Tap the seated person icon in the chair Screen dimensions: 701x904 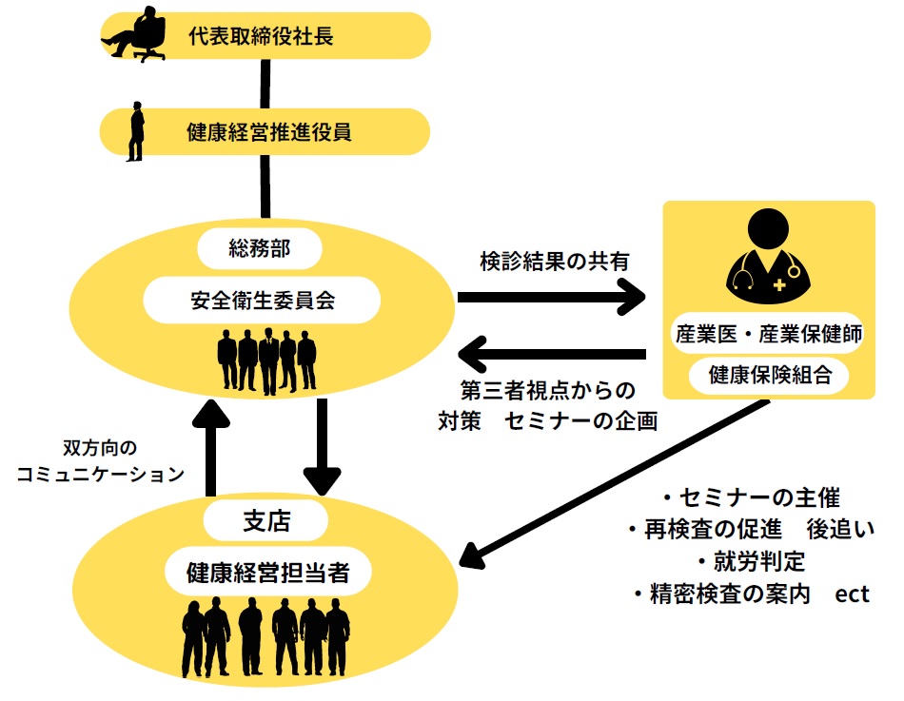click(x=133, y=34)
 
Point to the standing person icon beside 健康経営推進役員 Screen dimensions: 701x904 click(x=137, y=131)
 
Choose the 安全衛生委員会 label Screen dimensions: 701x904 click(x=261, y=302)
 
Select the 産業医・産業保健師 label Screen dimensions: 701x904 click(x=769, y=334)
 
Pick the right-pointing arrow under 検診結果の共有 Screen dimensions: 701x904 click(x=552, y=299)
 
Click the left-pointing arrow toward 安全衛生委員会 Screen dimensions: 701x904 click(x=552, y=356)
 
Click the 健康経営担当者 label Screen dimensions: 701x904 click(x=265, y=573)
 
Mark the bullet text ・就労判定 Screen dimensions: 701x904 click(x=751, y=559)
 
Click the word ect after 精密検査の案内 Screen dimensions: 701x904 click(x=852, y=594)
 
